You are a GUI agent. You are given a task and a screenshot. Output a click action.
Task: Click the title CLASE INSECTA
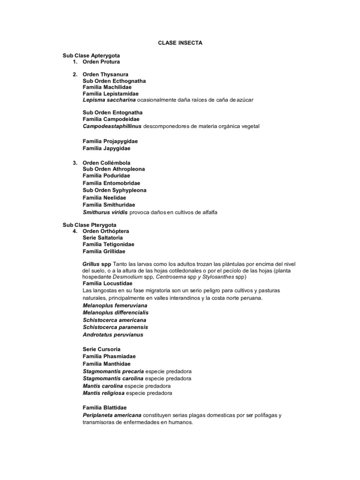pyautogui.click(x=180, y=43)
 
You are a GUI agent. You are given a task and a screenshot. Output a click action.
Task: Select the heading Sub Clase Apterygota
pyautogui.click(x=91, y=55)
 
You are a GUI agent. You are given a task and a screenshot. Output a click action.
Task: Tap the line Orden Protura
pyautogui.click(x=101, y=62)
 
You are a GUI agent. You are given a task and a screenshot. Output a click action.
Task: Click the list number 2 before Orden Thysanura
pyautogui.click(x=75, y=75)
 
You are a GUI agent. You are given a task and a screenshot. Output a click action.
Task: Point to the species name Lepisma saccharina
pyautogui.click(x=109, y=100)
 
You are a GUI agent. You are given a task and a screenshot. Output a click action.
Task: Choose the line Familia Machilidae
pyautogui.click(x=107, y=87)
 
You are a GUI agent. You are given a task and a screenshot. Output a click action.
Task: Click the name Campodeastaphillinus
pyautogui.click(x=112, y=127)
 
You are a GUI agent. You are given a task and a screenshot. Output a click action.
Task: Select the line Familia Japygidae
pyautogui.click(x=106, y=148)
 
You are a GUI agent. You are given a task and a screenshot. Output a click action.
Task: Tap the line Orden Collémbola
pyautogui.click(x=106, y=163)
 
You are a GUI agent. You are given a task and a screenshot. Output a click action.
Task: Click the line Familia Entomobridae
pyautogui.click(x=112, y=183)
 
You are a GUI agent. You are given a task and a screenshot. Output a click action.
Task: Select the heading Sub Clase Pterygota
pyautogui.click(x=90, y=225)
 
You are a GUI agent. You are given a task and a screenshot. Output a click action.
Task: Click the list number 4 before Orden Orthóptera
pyautogui.click(x=75, y=232)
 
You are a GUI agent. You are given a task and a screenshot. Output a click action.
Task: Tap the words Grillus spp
pyautogui.click(x=97, y=264)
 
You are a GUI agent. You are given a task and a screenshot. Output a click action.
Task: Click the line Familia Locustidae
pyautogui.click(x=108, y=284)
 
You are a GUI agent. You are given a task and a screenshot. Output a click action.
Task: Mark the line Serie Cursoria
pyautogui.click(x=102, y=349)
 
